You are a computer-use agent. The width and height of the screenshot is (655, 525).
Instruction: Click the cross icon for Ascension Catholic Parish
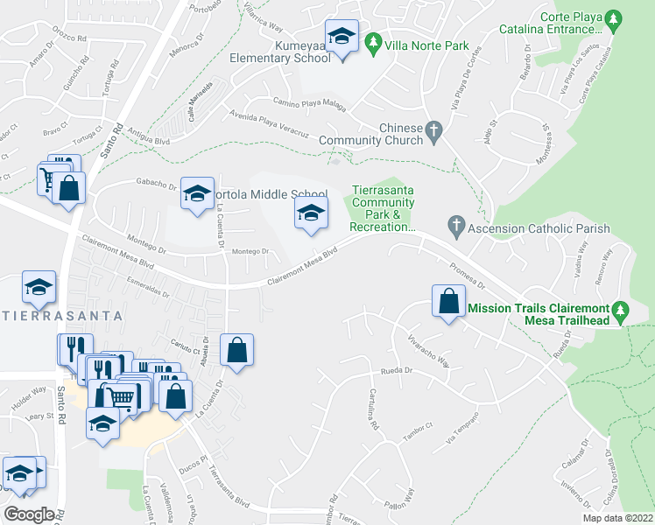click(454, 225)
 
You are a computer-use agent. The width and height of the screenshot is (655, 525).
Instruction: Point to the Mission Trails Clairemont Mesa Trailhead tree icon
click(620, 309)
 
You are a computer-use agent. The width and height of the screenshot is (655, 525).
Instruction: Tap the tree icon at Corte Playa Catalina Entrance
click(614, 18)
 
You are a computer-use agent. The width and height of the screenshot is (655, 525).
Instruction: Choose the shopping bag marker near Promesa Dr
click(448, 301)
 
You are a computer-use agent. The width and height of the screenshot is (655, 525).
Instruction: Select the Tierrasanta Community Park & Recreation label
click(383, 209)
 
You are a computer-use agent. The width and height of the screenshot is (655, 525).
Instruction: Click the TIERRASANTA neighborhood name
click(60, 313)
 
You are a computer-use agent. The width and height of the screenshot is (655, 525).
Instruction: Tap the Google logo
click(29, 514)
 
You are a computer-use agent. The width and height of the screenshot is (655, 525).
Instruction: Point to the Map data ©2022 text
click(605, 518)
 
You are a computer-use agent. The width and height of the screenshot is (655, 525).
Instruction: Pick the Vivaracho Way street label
click(428, 350)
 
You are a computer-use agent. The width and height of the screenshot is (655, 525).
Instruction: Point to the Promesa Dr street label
click(467, 276)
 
